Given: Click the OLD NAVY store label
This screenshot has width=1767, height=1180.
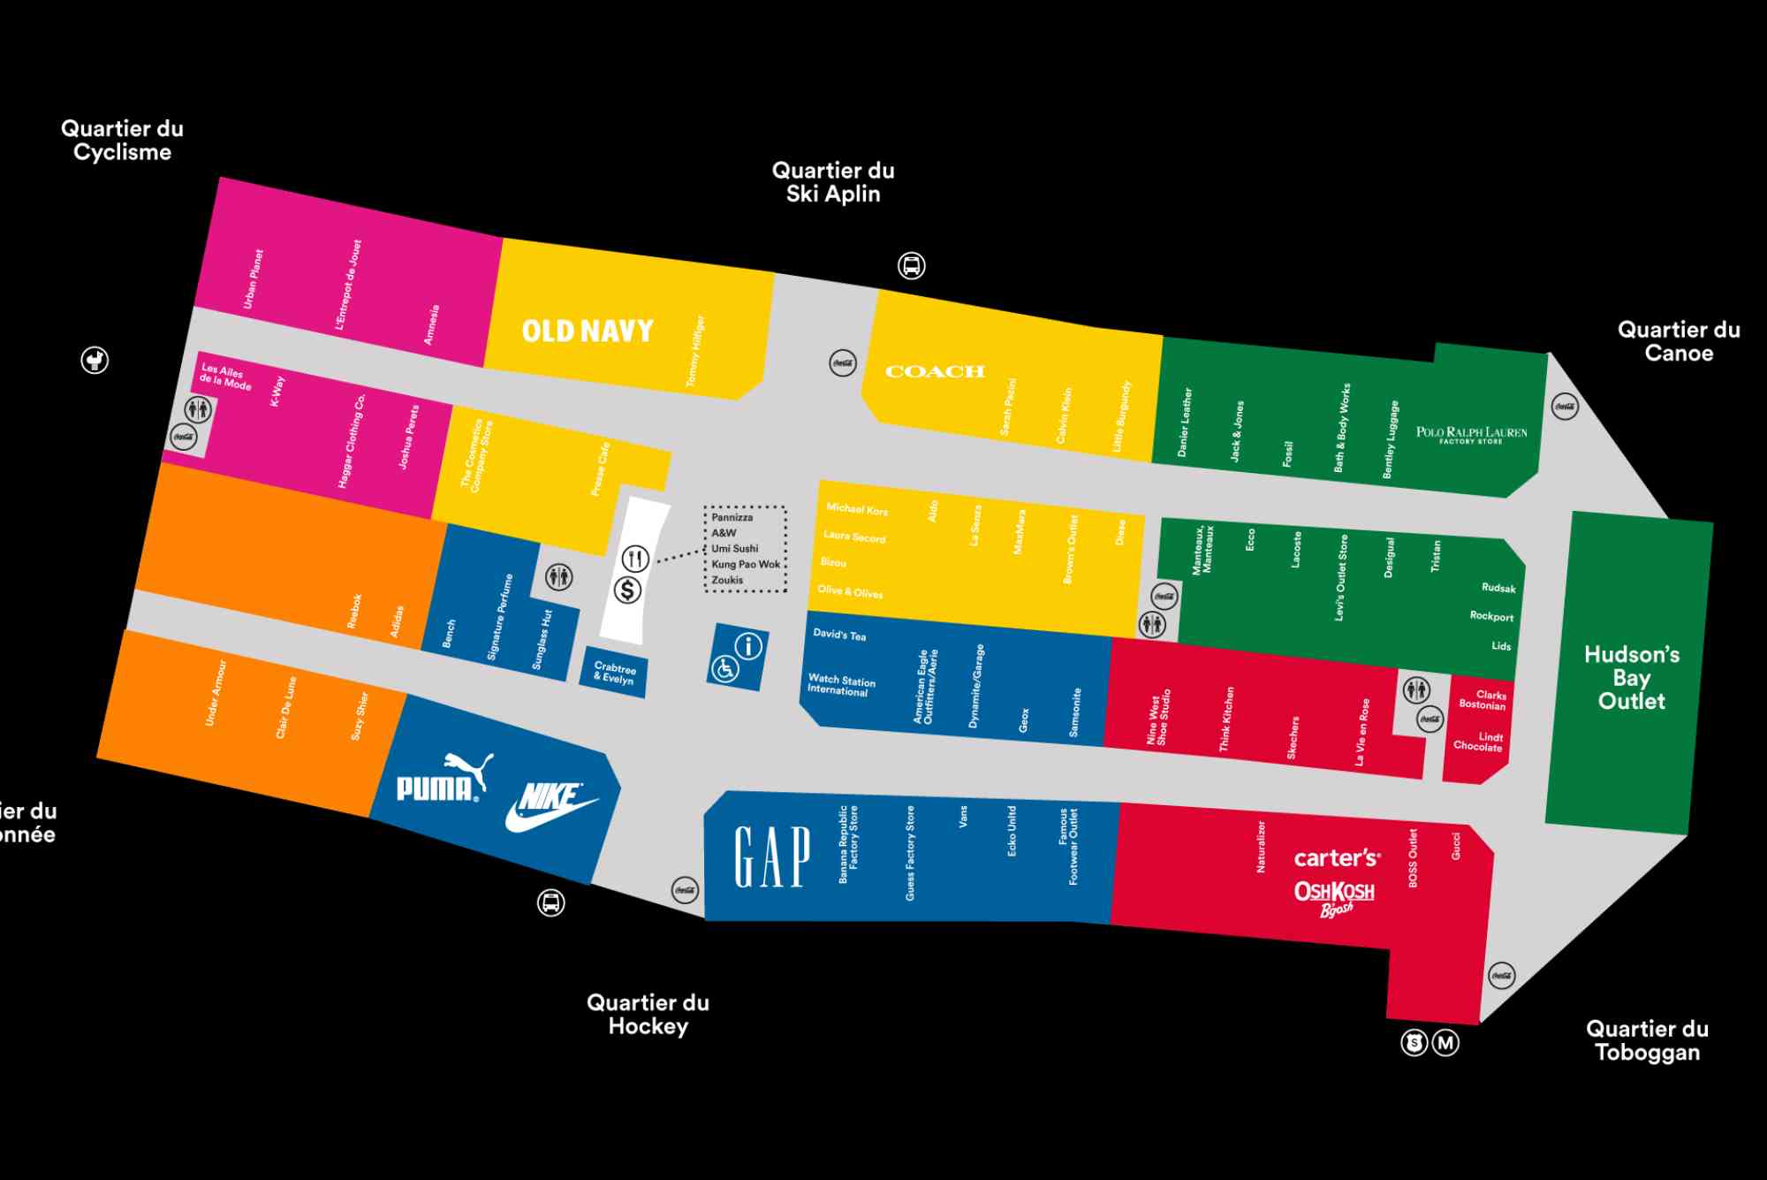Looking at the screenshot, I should (x=587, y=331).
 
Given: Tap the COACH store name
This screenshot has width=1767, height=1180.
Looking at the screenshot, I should (x=935, y=372).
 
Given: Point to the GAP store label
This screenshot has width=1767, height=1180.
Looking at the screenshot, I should (x=772, y=856).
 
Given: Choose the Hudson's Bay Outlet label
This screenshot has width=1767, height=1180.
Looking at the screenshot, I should (x=1631, y=678).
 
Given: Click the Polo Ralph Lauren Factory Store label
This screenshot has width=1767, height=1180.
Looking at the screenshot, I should (x=1471, y=434).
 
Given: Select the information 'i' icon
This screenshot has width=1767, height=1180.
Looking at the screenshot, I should (x=748, y=646).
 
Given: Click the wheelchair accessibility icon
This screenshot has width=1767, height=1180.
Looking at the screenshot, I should (x=725, y=669).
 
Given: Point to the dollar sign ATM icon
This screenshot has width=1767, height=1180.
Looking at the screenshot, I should (x=627, y=590).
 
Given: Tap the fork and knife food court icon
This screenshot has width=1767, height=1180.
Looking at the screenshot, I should (x=635, y=558).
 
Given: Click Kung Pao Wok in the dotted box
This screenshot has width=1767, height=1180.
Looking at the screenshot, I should (x=746, y=564).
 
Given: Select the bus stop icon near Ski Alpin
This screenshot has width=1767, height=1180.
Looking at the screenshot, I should (x=912, y=265).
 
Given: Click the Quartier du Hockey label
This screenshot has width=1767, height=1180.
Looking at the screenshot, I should (x=648, y=1014).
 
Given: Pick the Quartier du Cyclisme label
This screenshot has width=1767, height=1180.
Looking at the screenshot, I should (x=122, y=140).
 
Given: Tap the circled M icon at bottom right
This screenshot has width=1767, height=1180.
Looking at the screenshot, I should (x=1445, y=1043).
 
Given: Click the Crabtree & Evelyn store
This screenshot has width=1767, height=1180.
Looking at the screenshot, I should (x=614, y=673).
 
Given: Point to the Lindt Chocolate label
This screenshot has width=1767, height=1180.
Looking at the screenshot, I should (x=1478, y=742).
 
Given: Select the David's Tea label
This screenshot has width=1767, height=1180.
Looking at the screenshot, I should (x=839, y=635).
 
